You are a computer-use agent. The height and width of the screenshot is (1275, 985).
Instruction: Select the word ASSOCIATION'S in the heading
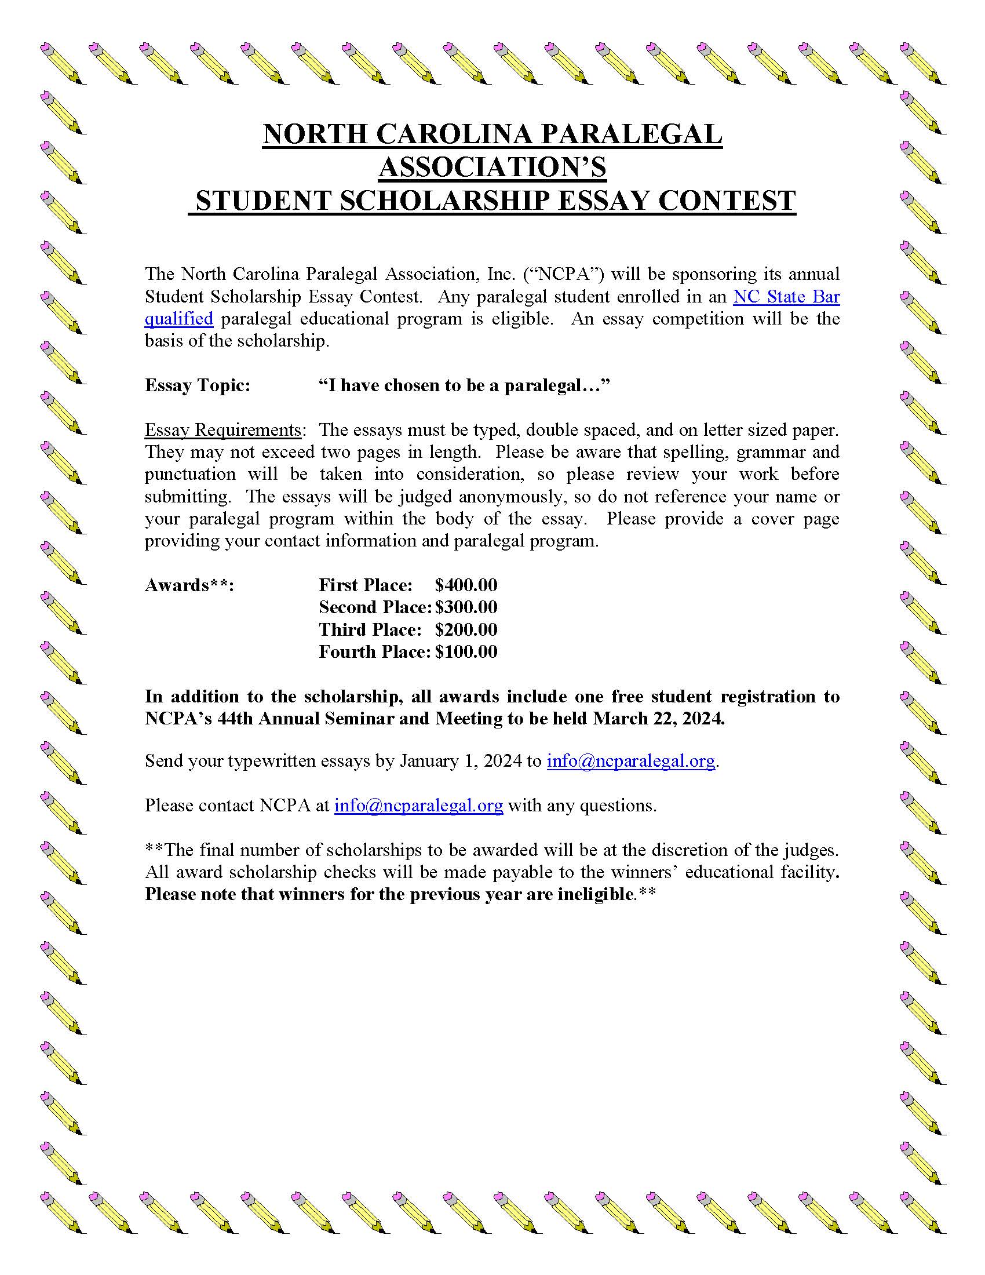(x=493, y=167)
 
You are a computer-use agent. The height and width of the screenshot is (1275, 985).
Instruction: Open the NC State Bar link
(x=786, y=297)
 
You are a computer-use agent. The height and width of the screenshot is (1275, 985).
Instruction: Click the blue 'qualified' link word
(x=178, y=319)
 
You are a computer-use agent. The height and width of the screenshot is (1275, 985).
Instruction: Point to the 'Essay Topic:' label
(x=197, y=385)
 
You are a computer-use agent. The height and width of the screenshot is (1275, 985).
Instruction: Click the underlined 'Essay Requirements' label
(x=222, y=430)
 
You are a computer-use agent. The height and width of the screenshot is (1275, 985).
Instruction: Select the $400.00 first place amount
(x=466, y=585)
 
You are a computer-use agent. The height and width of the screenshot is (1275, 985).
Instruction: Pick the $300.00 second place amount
(x=466, y=607)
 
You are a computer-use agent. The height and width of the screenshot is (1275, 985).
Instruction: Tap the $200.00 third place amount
(x=466, y=629)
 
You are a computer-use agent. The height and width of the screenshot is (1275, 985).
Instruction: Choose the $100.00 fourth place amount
(x=466, y=651)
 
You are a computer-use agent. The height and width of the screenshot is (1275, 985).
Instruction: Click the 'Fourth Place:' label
(x=374, y=651)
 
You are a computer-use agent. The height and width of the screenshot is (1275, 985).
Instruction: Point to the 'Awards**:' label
(x=189, y=585)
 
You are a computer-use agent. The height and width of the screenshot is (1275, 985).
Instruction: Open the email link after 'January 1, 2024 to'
(x=630, y=761)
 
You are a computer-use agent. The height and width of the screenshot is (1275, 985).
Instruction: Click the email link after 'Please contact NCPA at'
(x=418, y=806)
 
